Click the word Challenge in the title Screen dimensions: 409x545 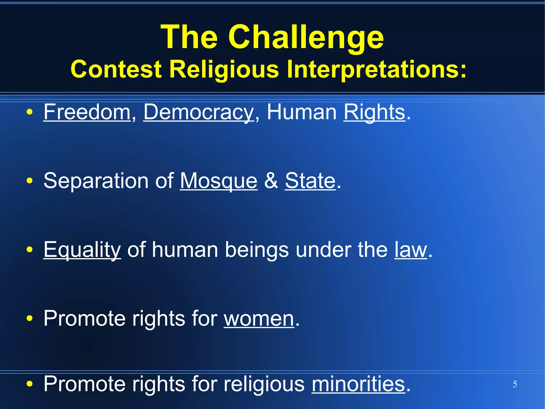click(306, 37)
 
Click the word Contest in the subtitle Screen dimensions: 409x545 click(116, 69)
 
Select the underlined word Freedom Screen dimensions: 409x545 click(87, 112)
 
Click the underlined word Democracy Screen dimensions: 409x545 click(199, 112)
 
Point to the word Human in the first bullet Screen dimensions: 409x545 click(302, 112)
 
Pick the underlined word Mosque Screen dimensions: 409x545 click(219, 181)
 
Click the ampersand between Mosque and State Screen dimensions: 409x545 click(271, 181)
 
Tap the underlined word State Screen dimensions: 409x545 click(310, 181)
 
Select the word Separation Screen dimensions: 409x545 click(96, 181)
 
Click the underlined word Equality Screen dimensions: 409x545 click(82, 250)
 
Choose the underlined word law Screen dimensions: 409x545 click(411, 250)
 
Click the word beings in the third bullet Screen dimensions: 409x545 click(257, 250)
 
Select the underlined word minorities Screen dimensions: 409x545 click(358, 384)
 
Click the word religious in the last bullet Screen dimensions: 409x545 click(264, 384)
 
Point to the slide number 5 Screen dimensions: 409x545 click(515, 384)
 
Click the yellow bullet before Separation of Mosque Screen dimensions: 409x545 click(30, 181)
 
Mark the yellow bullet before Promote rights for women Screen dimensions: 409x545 click(30, 318)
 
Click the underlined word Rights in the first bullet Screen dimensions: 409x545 click(374, 112)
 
